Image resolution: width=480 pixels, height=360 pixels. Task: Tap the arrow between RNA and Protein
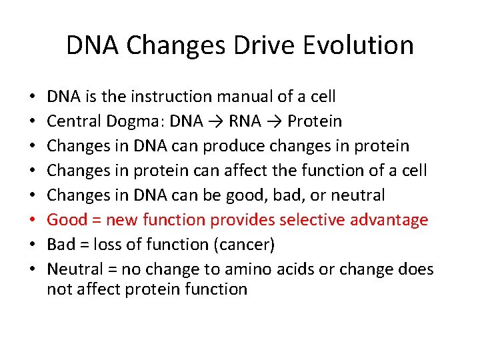pos(273,122)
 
